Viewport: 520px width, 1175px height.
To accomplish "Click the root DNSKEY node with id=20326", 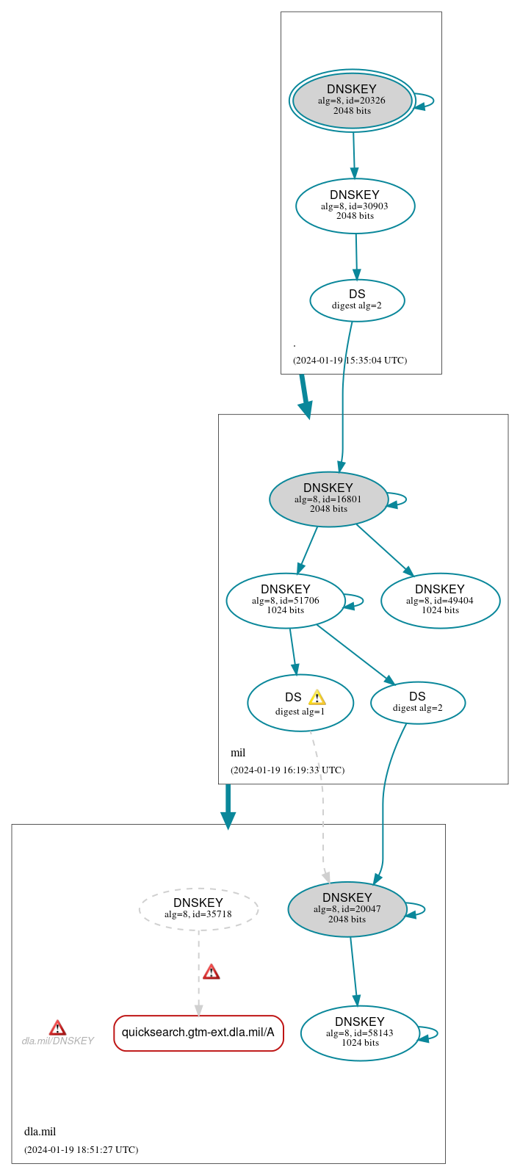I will pos(352,101).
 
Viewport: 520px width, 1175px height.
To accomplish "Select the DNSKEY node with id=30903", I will pos(355,206).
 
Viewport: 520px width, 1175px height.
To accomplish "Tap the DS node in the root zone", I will pos(357,300).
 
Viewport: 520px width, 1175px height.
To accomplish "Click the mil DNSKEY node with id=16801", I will pos(328,499).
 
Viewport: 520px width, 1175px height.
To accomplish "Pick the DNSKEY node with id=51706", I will pos(285,600).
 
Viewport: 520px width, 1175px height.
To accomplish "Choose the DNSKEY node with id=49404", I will pos(440,600).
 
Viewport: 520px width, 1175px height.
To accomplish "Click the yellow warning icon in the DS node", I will pos(317,698).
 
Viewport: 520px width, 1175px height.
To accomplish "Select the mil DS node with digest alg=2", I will pos(417,702).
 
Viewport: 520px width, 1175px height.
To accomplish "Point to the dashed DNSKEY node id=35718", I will pos(198,908).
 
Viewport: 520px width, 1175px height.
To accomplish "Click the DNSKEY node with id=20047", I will pos(347,908).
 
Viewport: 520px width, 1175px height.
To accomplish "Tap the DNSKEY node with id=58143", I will pos(360,1033).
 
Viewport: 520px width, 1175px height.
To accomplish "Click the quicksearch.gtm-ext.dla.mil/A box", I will pos(198,1033).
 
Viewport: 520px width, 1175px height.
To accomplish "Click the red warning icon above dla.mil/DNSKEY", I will pos(57,1027).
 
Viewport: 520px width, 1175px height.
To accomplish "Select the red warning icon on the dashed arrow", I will pos(212,972).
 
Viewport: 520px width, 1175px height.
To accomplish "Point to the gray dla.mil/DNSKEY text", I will pos(57,1041).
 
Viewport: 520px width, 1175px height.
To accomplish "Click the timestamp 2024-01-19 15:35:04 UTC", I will pos(350,360).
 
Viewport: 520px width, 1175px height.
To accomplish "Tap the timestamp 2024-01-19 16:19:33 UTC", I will pos(287,770).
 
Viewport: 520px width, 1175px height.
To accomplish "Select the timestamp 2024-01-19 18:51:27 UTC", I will pos(81,1149).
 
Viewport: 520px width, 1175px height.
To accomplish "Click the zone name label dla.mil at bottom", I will pos(40,1131).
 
